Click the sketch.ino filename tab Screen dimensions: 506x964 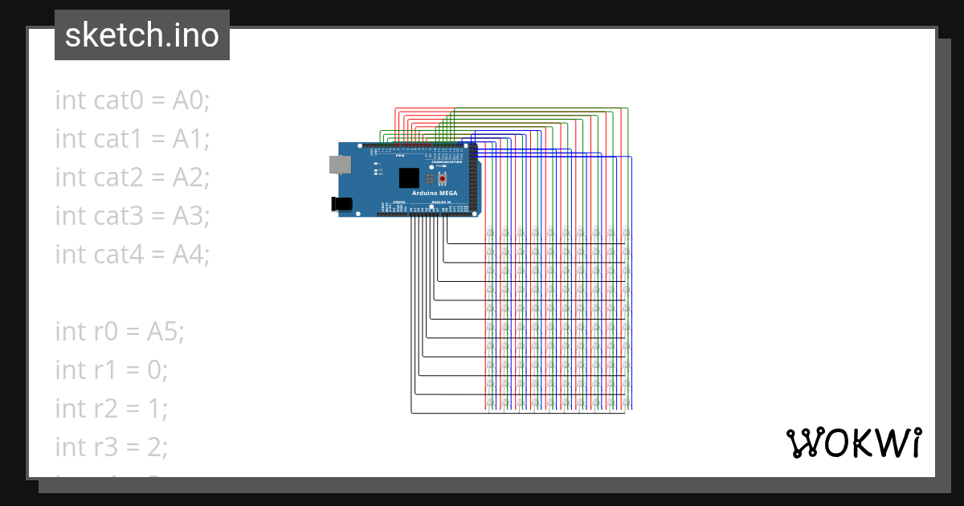(142, 35)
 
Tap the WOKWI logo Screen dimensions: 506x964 (852, 443)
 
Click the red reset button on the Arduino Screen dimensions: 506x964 (441, 178)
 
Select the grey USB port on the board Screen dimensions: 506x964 (340, 164)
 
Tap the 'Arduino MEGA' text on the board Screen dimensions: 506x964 (435, 194)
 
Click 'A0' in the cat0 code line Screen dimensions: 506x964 (191, 100)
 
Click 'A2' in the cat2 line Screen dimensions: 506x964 (191, 178)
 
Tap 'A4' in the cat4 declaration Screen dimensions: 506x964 (191, 255)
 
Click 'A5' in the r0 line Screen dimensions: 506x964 (165, 331)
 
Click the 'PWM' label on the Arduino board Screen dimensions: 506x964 (412, 157)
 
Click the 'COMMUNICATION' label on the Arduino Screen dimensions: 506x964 (447, 162)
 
